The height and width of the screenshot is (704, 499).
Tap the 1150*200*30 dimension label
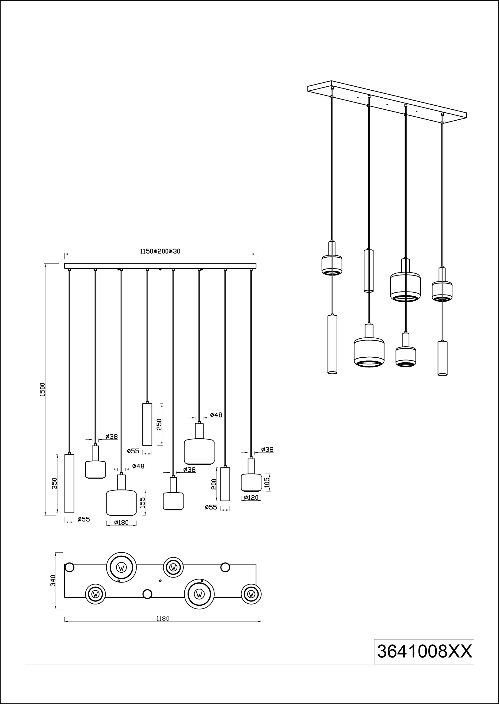[160, 251]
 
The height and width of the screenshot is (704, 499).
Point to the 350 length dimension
[54, 483]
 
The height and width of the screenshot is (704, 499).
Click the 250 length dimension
[159, 424]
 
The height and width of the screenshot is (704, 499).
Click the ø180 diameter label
[121, 522]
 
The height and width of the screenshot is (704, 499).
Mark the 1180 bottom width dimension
[163, 619]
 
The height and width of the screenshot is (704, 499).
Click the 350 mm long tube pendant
[69, 483]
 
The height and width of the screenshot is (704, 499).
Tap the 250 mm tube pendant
[147, 424]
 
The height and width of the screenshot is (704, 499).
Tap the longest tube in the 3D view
[332, 344]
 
